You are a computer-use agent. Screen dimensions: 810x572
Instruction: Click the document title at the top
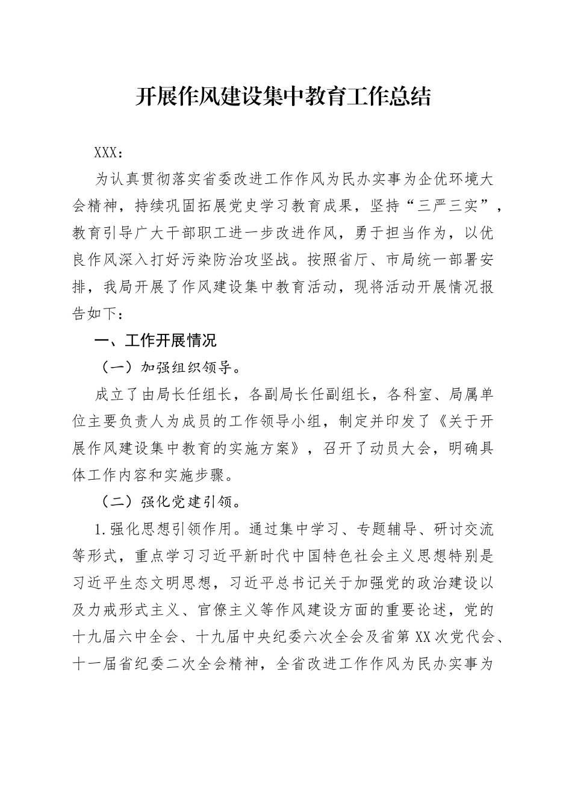282,96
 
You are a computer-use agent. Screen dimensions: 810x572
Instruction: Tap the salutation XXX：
109,152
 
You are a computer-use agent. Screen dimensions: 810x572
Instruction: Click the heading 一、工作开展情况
155,341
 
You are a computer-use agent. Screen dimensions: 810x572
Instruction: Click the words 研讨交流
464,529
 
